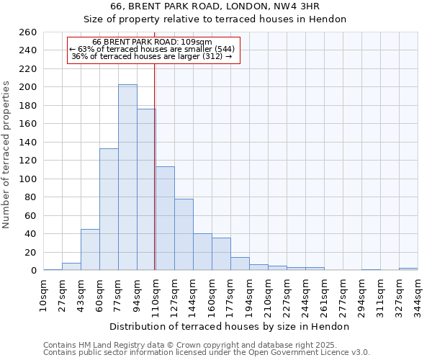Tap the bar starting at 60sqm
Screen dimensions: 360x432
[x=109, y=209]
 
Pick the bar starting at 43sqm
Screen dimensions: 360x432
[x=90, y=249]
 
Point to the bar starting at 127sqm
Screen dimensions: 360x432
[x=184, y=234]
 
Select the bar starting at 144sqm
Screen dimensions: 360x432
[x=202, y=252]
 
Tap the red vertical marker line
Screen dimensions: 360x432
[x=155, y=166]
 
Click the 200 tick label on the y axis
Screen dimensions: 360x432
[x=28, y=87]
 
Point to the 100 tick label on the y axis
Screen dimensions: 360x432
[x=28, y=179]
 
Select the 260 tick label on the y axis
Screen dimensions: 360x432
[x=28, y=32]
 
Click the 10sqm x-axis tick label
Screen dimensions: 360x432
[x=43, y=294]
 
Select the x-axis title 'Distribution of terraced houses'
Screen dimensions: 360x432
[x=230, y=326]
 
